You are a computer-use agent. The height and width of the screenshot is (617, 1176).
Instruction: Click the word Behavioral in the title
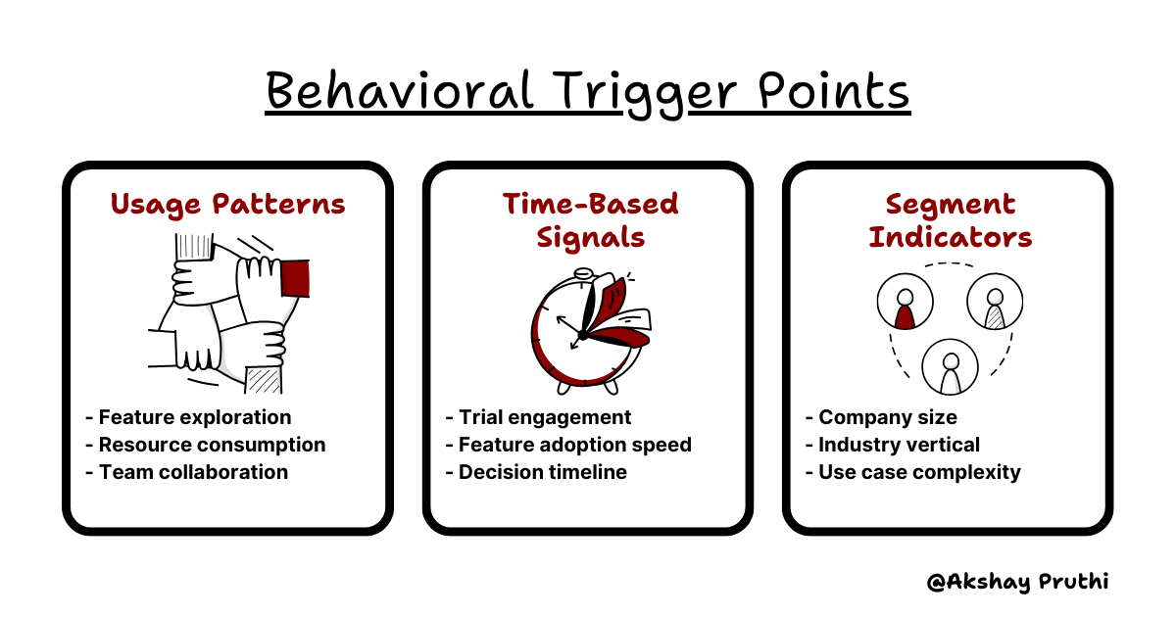399,93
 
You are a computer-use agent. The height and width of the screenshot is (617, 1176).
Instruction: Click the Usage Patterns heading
227,204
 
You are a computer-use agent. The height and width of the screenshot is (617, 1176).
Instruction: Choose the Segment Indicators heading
949,220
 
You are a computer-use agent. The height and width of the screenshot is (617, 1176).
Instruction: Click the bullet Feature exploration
194,417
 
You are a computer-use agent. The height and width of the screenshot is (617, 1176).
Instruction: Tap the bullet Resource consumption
212,445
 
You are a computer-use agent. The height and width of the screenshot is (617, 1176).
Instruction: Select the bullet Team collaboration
193,472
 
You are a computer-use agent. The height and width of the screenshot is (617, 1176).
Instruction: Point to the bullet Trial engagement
545,417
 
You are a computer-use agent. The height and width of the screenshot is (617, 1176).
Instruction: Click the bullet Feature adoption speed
574,445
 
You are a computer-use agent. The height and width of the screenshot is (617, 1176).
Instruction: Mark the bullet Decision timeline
542,472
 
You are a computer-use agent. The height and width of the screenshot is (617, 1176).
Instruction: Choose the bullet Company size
887,417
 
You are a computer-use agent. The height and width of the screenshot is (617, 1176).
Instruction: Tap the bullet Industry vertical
899,445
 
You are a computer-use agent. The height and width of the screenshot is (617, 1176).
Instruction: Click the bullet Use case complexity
919,472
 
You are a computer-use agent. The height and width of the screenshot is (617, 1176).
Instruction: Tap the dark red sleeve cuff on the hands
295,277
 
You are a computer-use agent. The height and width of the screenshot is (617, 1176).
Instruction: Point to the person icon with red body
905,306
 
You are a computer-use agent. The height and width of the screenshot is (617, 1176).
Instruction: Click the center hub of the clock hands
582,336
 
